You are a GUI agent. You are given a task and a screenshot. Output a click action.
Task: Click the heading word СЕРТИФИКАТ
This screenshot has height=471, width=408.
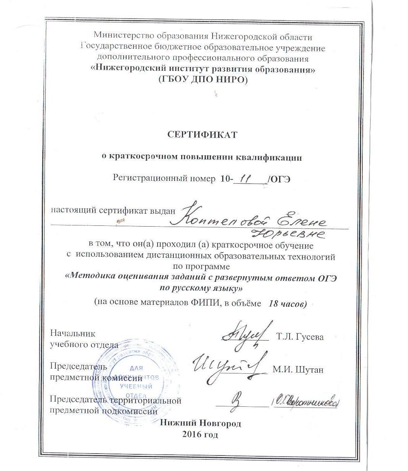[202, 134]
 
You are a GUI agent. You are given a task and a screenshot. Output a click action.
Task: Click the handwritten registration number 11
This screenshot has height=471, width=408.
[245, 177]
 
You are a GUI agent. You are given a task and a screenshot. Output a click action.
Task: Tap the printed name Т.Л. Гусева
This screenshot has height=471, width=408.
[300, 337]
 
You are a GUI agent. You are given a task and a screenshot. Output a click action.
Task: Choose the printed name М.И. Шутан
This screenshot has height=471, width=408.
[298, 370]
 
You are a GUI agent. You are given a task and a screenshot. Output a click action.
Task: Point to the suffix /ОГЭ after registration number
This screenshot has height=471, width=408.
[278, 179]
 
